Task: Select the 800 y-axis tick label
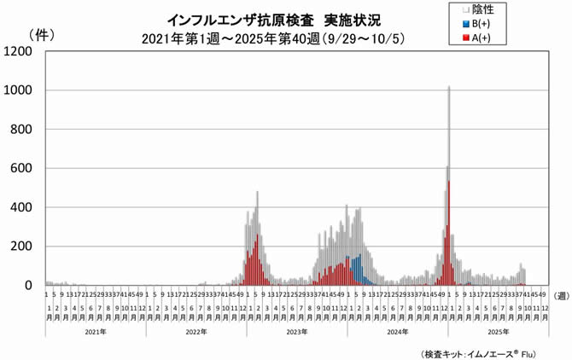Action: pos(21,130)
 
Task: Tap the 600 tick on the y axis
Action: pos(21,169)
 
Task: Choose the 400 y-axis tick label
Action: pos(21,207)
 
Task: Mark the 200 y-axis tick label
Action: pos(21,247)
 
